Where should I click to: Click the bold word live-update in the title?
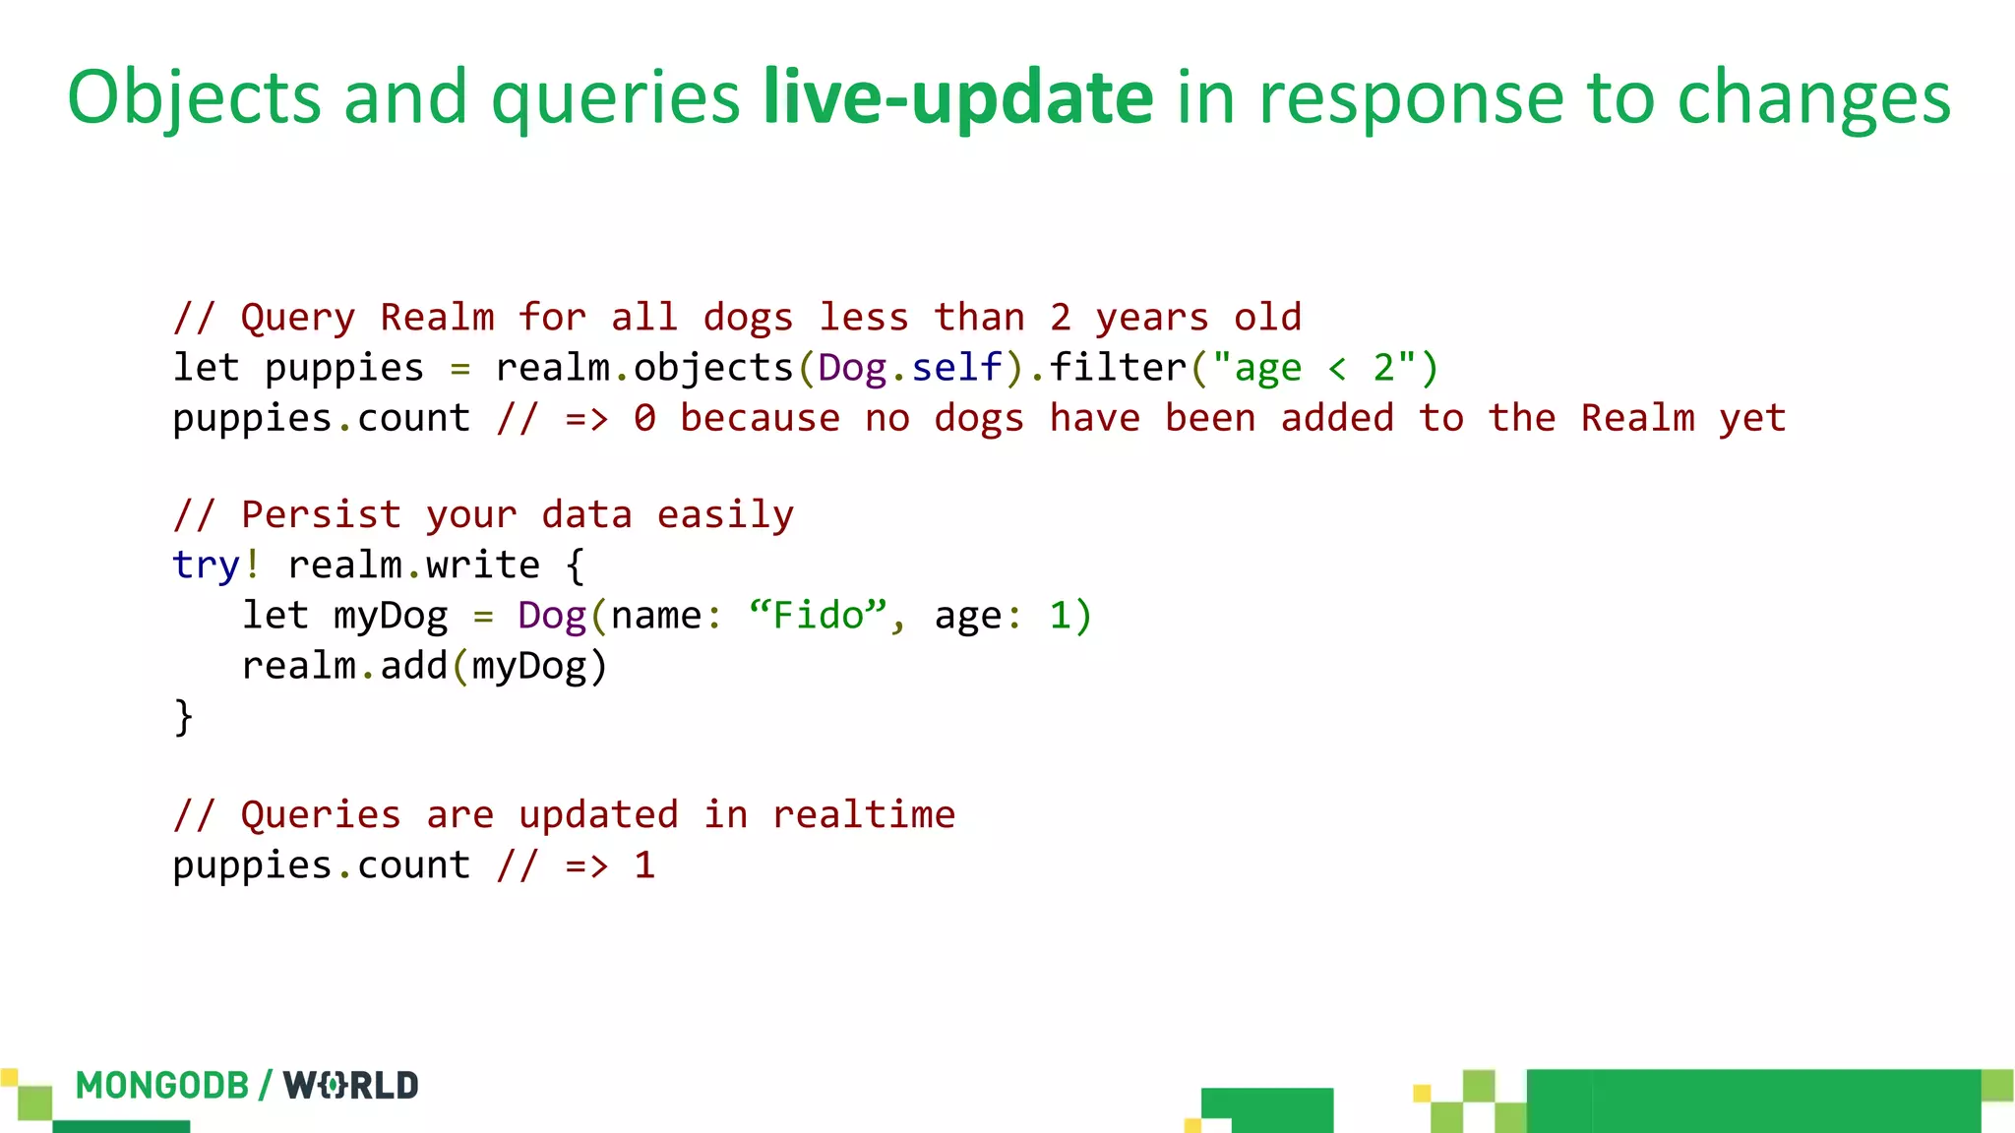click(957, 98)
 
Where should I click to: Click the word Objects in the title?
click(194, 98)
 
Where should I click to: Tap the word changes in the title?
click(1812, 98)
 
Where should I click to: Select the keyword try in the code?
click(206, 566)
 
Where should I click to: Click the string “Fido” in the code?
click(818, 616)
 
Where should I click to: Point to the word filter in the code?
click(1118, 368)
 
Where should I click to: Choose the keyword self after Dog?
click(956, 368)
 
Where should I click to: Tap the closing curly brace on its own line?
click(183, 716)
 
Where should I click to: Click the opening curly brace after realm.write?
click(576, 566)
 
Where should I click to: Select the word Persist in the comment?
click(321, 515)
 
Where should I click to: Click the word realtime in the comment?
click(863, 815)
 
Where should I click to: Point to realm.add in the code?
click(344, 667)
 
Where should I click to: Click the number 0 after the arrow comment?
click(644, 419)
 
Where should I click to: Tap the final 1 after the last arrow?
click(644, 865)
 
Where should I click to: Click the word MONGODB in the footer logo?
click(162, 1086)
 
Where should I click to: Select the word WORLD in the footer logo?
click(350, 1086)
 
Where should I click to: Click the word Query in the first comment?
click(297, 318)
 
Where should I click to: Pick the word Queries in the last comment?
click(321, 815)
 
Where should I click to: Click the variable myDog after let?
click(391, 617)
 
